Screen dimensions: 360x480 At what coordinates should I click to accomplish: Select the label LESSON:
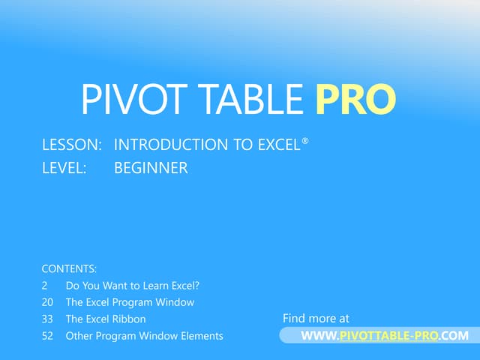(72, 145)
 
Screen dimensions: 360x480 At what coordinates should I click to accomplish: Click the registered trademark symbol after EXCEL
(305, 139)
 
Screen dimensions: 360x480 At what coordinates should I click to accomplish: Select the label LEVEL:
(64, 169)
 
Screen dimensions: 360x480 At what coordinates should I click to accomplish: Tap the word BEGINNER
(151, 169)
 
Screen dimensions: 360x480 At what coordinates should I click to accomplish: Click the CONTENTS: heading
(69, 268)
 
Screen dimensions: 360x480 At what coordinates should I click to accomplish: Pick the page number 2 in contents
(44, 286)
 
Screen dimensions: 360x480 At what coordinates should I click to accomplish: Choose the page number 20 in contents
(47, 302)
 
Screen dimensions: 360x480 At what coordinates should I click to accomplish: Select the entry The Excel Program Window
(130, 302)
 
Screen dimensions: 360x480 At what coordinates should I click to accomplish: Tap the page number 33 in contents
(47, 319)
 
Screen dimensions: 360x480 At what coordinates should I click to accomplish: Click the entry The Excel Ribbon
(106, 319)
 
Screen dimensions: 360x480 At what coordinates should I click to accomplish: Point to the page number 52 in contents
(47, 336)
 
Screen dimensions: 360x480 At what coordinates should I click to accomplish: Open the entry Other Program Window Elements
(144, 336)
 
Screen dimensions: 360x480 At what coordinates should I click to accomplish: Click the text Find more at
(316, 319)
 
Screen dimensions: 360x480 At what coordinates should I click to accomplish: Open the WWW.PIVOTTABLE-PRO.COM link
(384, 336)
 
